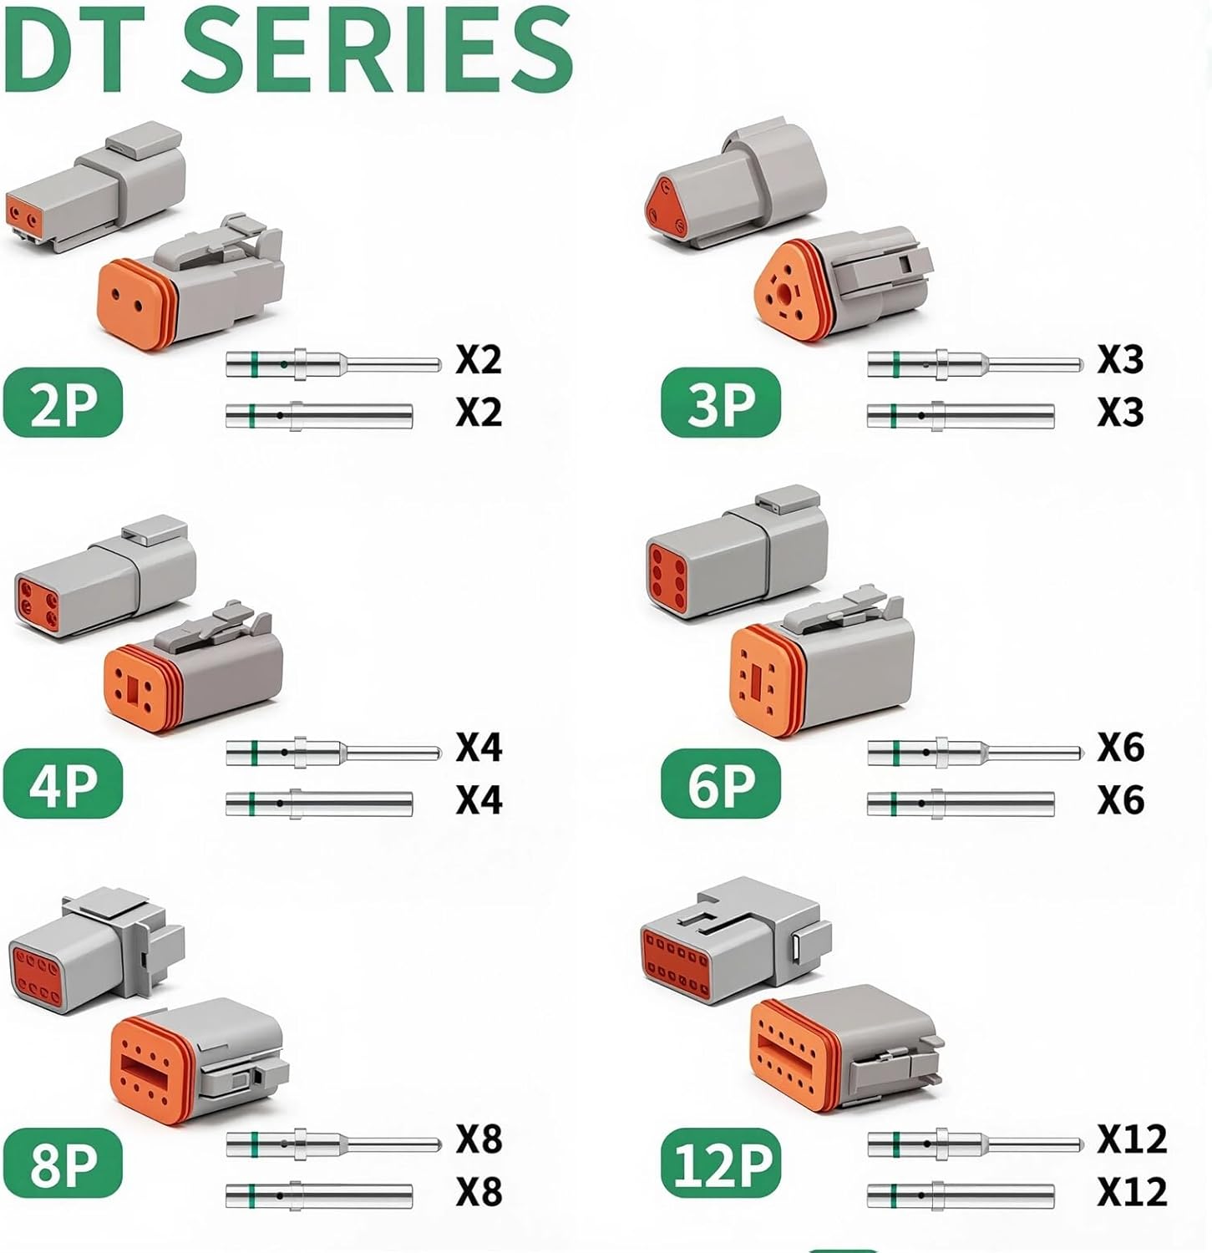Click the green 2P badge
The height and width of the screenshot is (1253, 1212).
63,403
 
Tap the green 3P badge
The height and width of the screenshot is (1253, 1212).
720,403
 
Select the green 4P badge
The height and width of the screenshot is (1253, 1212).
63,784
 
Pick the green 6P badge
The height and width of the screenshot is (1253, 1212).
720,784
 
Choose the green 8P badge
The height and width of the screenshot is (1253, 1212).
63,1163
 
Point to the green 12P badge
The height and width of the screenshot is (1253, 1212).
720,1163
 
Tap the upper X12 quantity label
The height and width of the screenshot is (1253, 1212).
1131,1139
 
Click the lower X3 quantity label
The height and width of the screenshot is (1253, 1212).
1120,413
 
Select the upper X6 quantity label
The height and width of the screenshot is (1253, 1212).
1120,747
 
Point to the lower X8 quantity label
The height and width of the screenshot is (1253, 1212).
479,1192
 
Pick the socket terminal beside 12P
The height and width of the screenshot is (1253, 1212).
961,1195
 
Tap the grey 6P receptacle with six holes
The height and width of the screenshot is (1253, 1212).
735,555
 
